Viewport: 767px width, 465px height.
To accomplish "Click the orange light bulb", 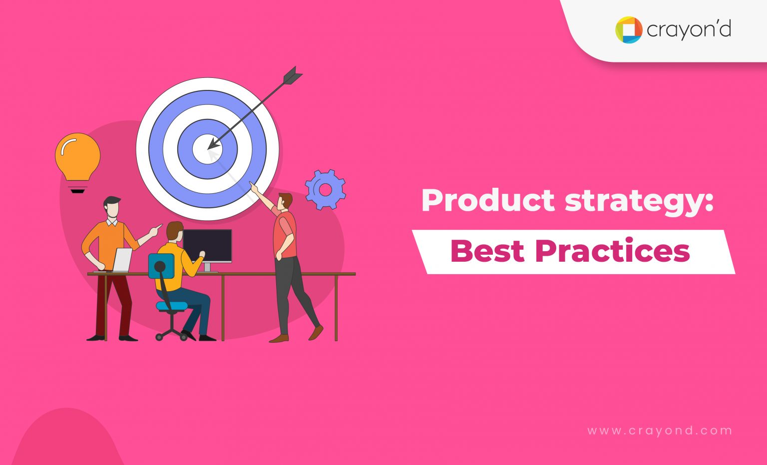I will pos(77,156).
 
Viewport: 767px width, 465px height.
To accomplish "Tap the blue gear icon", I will pos(326,189).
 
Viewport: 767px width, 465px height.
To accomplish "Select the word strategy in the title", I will pos(639,201).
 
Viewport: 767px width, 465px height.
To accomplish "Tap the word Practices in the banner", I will pos(613,251).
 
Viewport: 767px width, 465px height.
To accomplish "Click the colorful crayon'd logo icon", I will pos(628,30).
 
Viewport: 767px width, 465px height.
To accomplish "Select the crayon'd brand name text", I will pos(689,30).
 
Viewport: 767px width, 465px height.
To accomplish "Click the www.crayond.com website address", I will pos(660,431).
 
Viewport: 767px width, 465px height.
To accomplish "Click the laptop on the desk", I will pos(121,260).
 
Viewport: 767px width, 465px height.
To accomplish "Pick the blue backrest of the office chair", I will pos(161,266).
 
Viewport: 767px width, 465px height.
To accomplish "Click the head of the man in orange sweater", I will pos(112,206).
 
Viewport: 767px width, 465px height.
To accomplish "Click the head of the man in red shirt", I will pos(285,201).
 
